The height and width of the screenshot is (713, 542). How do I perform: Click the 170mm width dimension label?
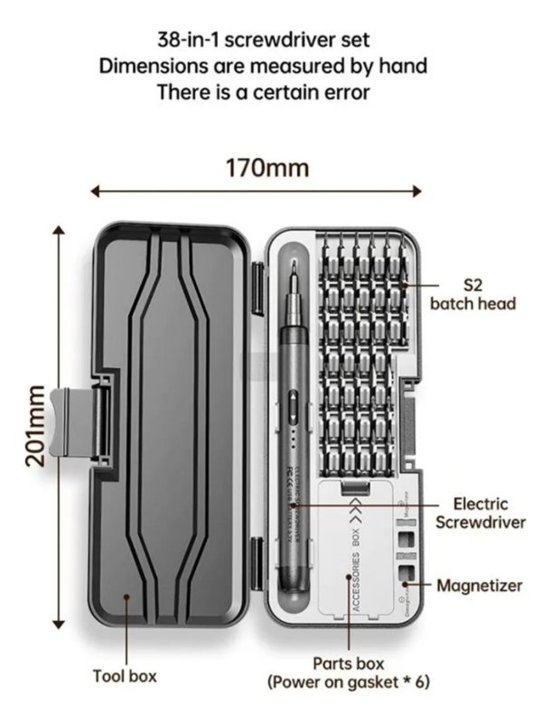[266, 168]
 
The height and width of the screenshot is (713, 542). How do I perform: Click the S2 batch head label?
[472, 295]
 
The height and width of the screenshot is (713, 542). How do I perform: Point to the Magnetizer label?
[480, 585]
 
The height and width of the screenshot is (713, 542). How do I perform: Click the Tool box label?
[125, 674]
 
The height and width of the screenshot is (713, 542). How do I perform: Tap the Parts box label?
[348, 663]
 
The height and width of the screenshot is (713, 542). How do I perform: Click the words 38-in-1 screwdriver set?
[263, 40]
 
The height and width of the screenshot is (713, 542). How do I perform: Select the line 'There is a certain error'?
[263, 91]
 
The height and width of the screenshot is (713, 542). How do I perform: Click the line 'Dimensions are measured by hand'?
[263, 66]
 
